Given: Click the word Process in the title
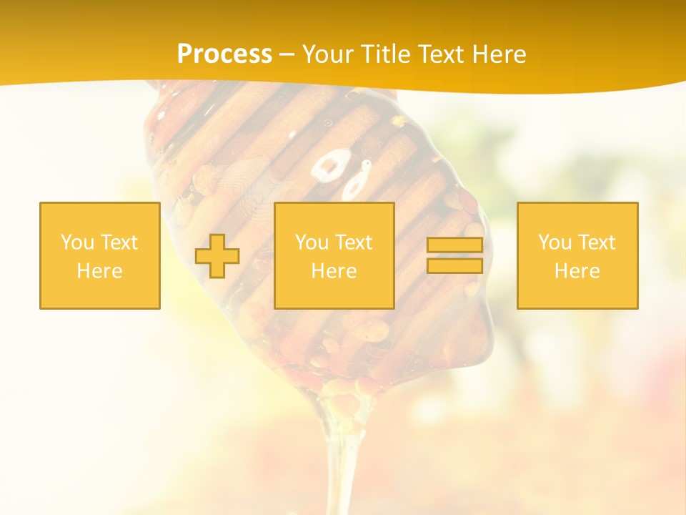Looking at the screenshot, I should (224, 54).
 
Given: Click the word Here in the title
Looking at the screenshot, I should (498, 54).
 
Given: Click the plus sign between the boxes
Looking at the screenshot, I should (217, 256).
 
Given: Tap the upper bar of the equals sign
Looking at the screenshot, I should (454, 245).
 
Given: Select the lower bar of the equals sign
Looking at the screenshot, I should (454, 265).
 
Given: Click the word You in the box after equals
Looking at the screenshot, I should (554, 242).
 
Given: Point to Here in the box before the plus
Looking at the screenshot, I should (100, 271).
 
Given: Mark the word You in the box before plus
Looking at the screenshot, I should (77, 242).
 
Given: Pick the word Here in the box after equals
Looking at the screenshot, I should (577, 271).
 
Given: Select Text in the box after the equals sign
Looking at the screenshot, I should (596, 242).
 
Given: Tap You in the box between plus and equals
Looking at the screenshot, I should (312, 242).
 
